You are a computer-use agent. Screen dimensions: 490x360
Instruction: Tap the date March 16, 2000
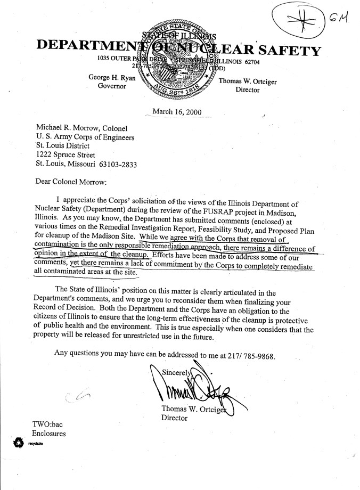tap(173, 112)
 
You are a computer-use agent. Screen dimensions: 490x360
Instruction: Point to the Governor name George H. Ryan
tap(112, 78)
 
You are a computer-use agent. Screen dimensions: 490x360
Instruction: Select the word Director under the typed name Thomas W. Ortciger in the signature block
tap(174, 418)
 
